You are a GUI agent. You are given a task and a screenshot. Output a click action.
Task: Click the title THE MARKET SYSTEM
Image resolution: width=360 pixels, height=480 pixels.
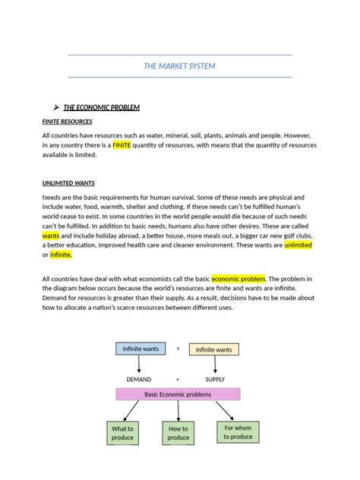click(179, 66)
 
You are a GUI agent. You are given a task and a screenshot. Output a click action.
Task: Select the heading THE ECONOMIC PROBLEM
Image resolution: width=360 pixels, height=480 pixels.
click(101, 107)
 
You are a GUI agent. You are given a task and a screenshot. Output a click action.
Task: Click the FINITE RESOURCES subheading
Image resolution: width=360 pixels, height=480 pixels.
click(67, 122)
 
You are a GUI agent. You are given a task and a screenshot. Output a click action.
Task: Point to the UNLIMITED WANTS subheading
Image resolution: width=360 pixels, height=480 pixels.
click(68, 183)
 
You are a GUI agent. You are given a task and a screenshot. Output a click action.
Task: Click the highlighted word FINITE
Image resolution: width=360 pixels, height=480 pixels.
click(122, 145)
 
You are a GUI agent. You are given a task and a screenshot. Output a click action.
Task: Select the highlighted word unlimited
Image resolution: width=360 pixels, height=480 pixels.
click(298, 245)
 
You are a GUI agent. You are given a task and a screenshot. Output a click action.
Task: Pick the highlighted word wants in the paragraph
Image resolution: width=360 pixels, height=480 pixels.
click(50, 235)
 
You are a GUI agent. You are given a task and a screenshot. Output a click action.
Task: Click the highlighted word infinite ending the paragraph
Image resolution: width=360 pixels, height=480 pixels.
click(61, 254)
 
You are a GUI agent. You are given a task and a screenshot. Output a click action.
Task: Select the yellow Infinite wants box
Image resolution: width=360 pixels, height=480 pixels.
click(213, 349)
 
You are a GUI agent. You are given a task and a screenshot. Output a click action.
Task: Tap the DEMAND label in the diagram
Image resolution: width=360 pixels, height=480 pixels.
click(138, 378)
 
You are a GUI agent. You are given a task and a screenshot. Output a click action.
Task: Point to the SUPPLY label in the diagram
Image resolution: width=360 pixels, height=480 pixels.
click(215, 378)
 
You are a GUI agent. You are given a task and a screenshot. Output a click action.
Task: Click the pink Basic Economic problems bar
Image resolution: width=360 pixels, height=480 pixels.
click(178, 394)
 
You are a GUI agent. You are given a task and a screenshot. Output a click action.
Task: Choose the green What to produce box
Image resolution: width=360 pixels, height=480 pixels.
click(122, 433)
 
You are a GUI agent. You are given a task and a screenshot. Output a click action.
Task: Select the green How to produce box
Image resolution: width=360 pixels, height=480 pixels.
click(178, 433)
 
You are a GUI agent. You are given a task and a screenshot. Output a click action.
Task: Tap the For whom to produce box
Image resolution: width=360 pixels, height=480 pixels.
click(237, 431)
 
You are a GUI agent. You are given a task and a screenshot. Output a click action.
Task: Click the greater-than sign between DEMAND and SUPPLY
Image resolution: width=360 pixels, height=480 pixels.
click(178, 378)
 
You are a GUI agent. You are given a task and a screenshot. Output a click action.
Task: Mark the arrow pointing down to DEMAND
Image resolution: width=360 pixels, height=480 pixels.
click(139, 365)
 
